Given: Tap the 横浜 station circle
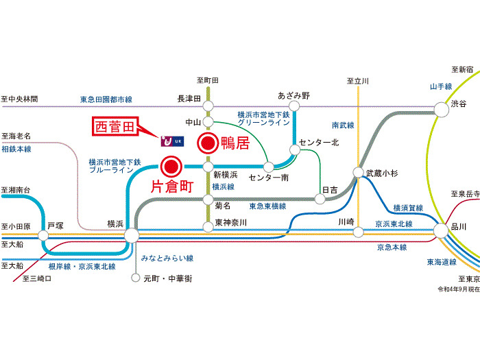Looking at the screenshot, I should pyautogui.click(x=131, y=235).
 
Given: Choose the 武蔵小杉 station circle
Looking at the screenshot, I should pyautogui.click(x=357, y=173).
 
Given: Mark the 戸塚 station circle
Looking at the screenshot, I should pyautogui.click(x=44, y=235).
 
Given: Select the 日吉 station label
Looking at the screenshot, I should pyautogui.click(x=331, y=189).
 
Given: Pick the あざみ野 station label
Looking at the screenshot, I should pyautogui.click(x=294, y=95).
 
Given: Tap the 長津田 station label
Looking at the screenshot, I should pyautogui.click(x=189, y=99).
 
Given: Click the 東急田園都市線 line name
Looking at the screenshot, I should pyautogui.click(x=105, y=99).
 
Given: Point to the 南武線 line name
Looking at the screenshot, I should pyautogui.click(x=343, y=125).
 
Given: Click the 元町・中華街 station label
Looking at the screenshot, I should pyautogui.click(x=167, y=278).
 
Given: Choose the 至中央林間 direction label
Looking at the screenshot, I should pyautogui.click(x=19, y=99).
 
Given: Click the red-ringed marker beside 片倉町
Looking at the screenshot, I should pyautogui.click(x=171, y=165).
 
